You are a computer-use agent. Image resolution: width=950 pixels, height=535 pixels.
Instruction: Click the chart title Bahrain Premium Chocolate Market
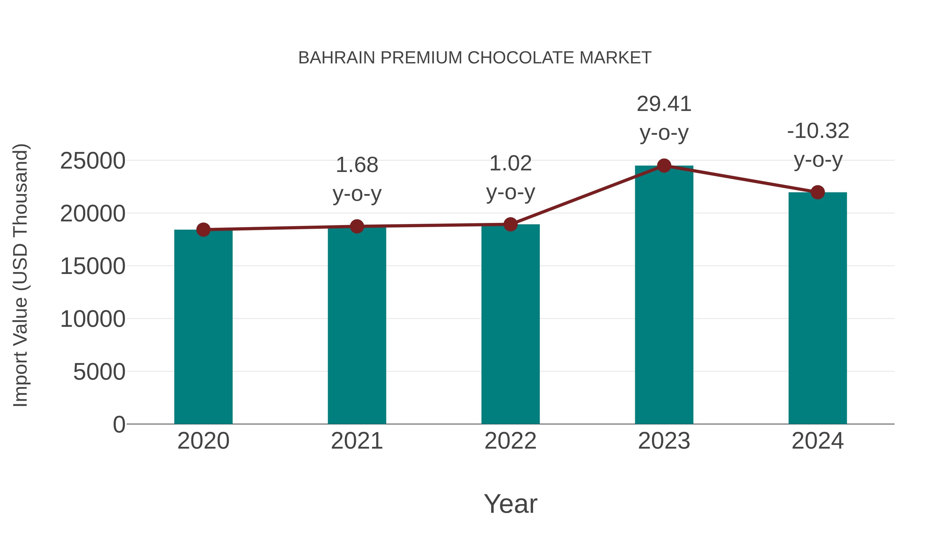[x=475, y=58]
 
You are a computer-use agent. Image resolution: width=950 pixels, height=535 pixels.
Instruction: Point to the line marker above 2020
[x=203, y=230]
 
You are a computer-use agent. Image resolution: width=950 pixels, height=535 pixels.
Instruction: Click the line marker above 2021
[x=357, y=226]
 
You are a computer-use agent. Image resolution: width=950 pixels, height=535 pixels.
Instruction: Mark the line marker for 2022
[x=510, y=224]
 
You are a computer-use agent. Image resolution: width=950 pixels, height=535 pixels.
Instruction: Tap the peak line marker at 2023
[x=664, y=166]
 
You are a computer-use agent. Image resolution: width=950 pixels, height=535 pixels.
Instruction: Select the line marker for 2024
[x=817, y=192]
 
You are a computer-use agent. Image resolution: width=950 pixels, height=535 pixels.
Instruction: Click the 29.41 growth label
[x=664, y=104]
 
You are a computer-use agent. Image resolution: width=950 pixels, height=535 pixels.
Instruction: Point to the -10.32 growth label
[x=818, y=131]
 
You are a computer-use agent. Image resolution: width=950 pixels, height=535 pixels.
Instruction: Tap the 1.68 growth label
[x=357, y=165]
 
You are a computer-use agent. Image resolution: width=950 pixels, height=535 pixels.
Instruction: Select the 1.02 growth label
[x=510, y=164]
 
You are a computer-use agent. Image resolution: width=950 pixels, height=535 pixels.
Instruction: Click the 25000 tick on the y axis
[x=93, y=161]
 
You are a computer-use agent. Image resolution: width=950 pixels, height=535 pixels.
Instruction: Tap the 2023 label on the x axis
[x=664, y=441]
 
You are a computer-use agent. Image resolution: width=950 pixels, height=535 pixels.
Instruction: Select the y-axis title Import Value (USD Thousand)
[x=20, y=275]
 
